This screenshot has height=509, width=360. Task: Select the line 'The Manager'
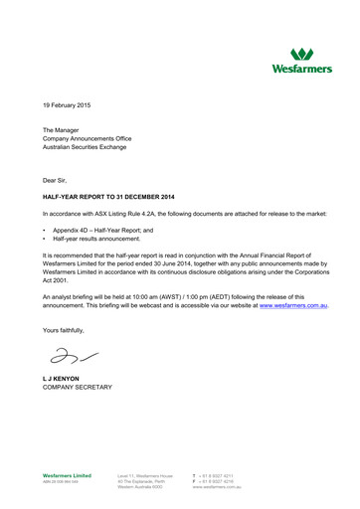62,131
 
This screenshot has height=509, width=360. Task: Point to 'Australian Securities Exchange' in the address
90,151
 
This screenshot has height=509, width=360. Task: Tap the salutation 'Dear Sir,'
58,179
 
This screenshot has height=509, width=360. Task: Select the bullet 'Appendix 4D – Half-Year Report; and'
104,231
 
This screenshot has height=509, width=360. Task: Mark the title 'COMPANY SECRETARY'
78,388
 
